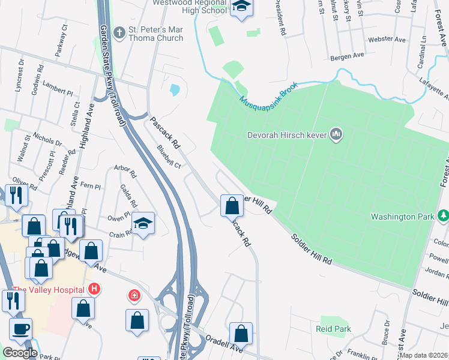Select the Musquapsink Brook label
click(x=268, y=94)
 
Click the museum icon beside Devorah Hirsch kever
click(x=336, y=134)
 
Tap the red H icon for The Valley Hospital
click(x=93, y=289)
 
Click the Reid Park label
click(x=333, y=329)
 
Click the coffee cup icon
click(x=20, y=329)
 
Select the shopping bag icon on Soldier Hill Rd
click(x=232, y=206)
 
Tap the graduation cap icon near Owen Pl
click(x=143, y=223)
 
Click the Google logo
click(x=20, y=353)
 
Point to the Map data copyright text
click(x=424, y=355)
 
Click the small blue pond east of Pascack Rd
click(x=175, y=90)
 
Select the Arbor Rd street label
click(x=125, y=171)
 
